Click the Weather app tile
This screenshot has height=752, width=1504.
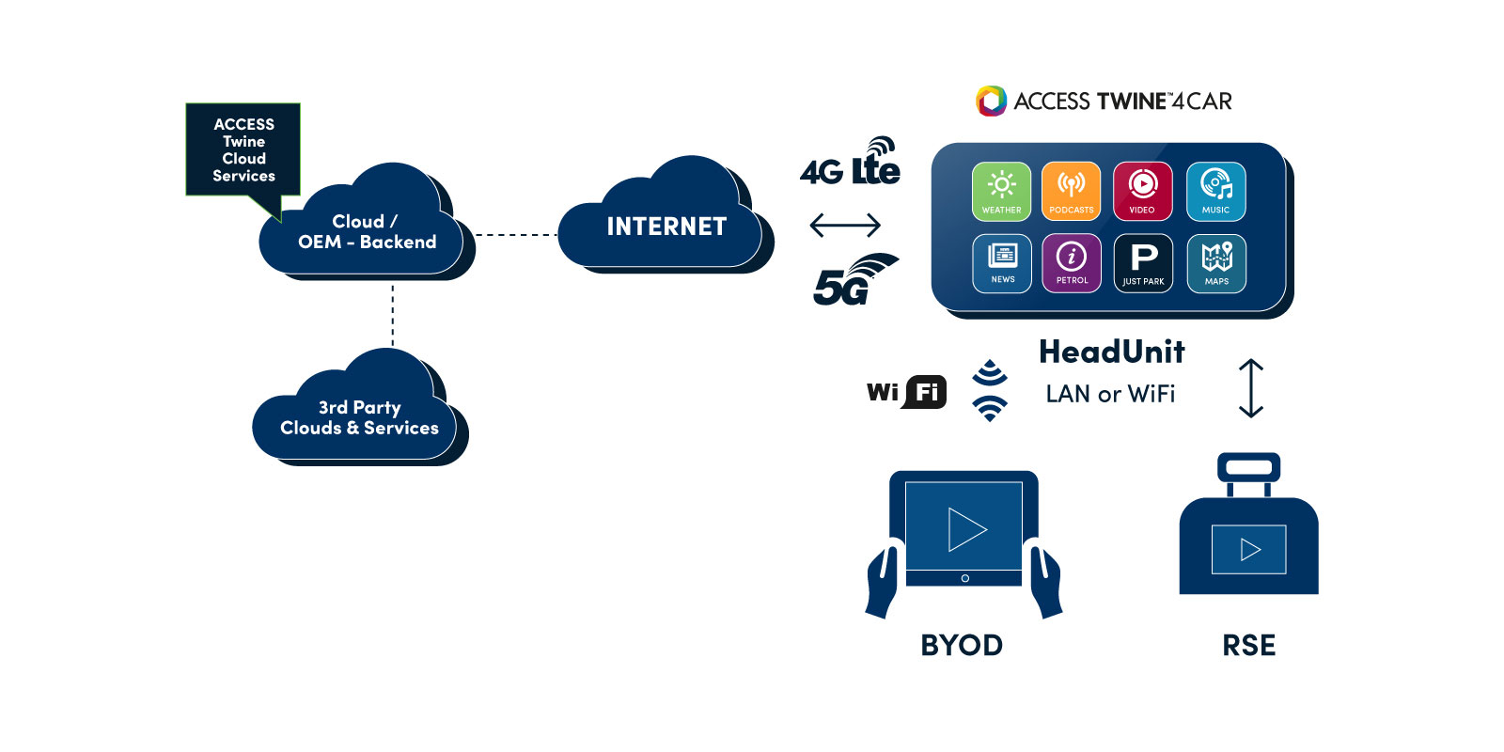[1001, 191]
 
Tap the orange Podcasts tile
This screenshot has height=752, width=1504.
[1071, 191]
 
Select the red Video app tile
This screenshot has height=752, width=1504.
[1142, 191]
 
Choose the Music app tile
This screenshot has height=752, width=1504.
[1215, 191]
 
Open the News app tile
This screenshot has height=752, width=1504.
[1002, 263]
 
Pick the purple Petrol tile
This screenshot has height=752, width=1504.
[1072, 263]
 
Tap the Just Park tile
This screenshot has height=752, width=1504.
[1143, 263]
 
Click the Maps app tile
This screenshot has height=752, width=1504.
[1216, 263]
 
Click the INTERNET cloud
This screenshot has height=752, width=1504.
[666, 226]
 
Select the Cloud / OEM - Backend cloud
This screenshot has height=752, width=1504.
[367, 231]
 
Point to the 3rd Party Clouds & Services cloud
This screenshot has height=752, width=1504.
[359, 417]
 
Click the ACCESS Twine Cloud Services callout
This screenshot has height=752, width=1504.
[243, 149]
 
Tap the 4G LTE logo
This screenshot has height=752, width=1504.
[851, 164]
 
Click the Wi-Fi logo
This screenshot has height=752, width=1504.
[906, 391]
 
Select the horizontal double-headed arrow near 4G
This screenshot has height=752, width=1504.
[845, 225]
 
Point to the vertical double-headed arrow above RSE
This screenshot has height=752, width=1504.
[1250, 387]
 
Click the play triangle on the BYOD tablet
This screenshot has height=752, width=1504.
[966, 529]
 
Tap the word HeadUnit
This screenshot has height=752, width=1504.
[1111, 352]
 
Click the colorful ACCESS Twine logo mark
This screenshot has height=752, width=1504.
[991, 101]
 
